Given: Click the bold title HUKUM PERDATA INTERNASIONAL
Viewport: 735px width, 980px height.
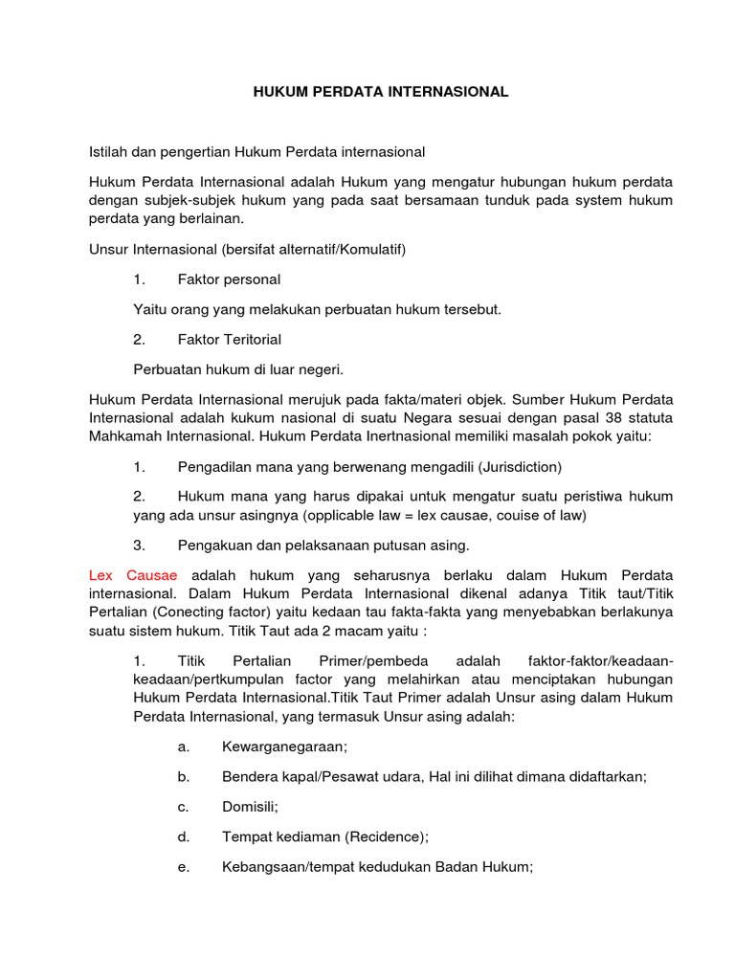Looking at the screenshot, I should coord(381,92).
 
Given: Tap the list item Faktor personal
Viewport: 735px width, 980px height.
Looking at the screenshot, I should coord(229,279).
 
